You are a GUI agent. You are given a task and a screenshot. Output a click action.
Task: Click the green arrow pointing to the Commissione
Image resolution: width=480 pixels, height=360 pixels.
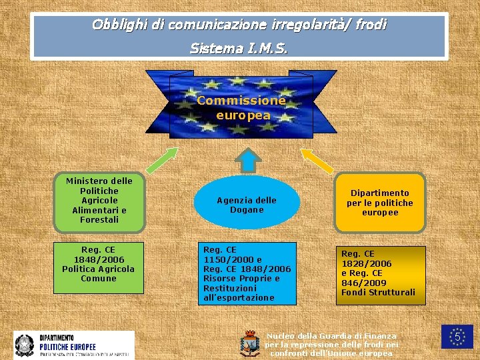161,161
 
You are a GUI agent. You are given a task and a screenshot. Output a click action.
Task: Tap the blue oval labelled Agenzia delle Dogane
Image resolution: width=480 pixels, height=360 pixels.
247,205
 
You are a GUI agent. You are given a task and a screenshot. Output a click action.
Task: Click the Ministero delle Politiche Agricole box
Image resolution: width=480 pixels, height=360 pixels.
99,200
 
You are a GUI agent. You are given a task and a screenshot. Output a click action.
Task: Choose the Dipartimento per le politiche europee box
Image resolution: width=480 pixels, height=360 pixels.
380,203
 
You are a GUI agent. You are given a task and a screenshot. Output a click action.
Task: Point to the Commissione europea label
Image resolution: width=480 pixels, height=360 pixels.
243,108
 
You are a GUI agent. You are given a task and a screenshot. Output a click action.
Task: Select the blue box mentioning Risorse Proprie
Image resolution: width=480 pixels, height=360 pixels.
247,273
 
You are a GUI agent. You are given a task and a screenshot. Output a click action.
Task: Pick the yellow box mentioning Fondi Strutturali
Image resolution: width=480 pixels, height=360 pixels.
379,275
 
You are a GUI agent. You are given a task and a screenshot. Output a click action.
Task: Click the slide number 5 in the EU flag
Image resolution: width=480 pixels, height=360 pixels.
458,337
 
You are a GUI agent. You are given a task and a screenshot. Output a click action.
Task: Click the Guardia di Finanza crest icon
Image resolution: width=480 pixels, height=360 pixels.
249,343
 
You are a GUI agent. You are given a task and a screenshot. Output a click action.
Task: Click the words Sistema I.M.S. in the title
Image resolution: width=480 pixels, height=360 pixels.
239,48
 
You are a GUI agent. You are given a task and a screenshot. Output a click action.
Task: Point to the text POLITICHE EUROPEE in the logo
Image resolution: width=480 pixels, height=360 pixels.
67,347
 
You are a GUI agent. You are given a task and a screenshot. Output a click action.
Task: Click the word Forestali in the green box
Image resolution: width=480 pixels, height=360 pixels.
99,219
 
